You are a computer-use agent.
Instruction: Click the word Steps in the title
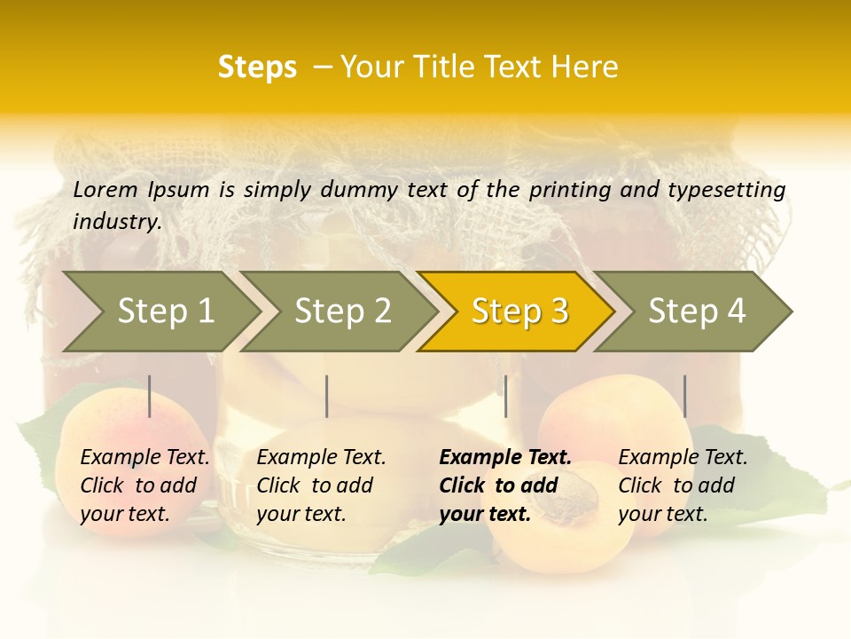click(257, 67)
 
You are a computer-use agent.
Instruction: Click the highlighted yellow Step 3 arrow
click(519, 311)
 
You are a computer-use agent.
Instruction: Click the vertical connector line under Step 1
click(150, 396)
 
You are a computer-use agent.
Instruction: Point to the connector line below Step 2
click(327, 396)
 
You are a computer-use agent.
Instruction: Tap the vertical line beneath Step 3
click(505, 396)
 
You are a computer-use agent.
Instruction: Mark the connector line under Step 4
click(684, 396)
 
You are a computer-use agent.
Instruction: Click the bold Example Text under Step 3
click(505, 458)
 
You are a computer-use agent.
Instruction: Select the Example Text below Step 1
click(144, 458)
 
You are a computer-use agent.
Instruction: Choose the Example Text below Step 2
click(321, 458)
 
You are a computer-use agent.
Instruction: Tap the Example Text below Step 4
click(683, 458)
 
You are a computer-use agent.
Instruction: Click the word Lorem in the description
click(105, 190)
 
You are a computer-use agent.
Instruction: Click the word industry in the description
click(115, 222)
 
